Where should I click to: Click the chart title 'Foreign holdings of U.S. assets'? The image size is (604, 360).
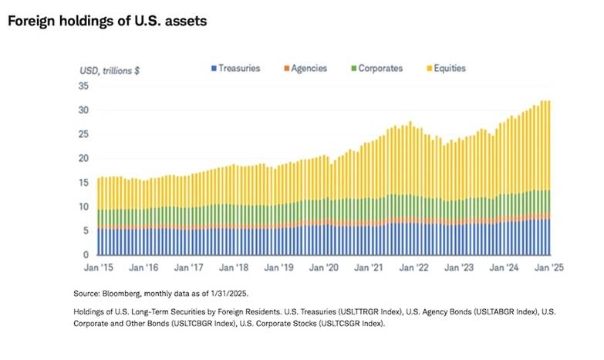[107, 21]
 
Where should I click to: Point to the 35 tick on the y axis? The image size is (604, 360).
[85, 86]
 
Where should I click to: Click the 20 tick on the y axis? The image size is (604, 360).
[85, 158]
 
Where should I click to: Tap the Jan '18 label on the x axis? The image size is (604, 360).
[233, 267]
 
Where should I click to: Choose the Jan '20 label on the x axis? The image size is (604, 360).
[323, 267]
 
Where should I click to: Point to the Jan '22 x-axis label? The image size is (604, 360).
[414, 267]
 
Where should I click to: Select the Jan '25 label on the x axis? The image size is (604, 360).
[549, 267]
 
